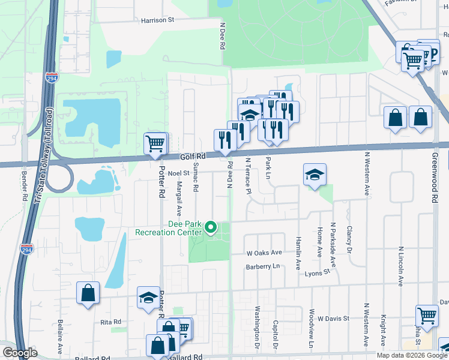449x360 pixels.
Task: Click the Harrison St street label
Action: [x=157, y=20]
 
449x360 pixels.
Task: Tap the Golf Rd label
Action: [x=193, y=157]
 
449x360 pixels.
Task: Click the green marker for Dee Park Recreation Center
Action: [x=210, y=227]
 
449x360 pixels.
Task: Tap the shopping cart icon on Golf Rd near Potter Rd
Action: [x=155, y=144]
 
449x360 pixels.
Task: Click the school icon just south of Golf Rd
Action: [x=315, y=175]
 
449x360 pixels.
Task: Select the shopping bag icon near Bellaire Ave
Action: [x=88, y=293]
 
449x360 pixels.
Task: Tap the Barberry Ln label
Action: [x=263, y=266]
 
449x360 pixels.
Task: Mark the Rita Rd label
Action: [x=111, y=322]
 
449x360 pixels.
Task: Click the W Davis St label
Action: [x=333, y=318]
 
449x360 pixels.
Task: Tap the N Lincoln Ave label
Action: [x=400, y=265]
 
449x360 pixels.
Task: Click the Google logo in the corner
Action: [x=20, y=353]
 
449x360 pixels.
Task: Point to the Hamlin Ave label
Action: [x=298, y=252]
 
